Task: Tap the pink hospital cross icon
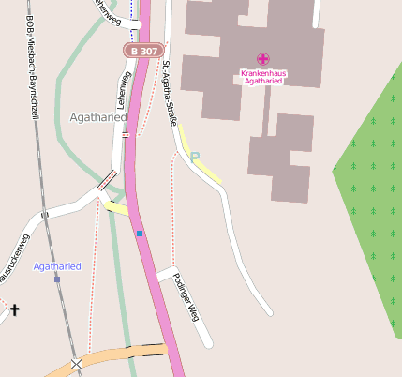tap(262, 59)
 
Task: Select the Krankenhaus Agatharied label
tap(262, 77)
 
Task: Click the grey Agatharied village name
tap(97, 117)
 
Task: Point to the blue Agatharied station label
tap(57, 266)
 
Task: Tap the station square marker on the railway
tap(56, 279)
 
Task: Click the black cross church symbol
tap(15, 309)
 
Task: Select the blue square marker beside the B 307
tap(140, 233)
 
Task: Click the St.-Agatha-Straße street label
tap(170, 93)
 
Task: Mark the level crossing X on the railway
tap(76, 364)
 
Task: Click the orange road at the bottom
tap(122, 354)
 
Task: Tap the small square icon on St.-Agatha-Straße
tap(195, 156)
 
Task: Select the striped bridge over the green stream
tap(107, 179)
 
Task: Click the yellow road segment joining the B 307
tap(116, 207)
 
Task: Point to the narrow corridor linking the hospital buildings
tap(267, 110)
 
